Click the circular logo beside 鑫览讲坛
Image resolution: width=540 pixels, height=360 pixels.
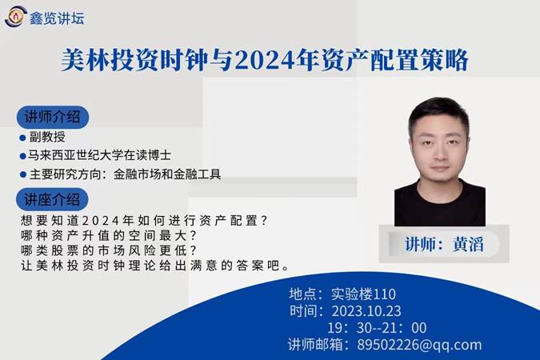(15, 16)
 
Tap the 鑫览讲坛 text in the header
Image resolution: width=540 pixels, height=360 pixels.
(57, 18)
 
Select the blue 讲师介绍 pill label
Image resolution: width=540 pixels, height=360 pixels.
(53, 117)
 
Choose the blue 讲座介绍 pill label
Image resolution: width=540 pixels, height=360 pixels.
(52, 199)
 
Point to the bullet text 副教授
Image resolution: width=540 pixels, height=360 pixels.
(47, 137)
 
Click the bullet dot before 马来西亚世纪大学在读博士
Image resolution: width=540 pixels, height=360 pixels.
(23, 156)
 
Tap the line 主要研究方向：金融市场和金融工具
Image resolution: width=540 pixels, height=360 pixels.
(125, 174)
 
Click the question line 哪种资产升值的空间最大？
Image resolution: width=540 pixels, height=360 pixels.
(109, 236)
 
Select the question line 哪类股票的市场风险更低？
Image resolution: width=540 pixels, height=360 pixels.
(109, 250)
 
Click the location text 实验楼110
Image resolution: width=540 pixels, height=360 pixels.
(363, 294)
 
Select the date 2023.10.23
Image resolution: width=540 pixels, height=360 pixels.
(366, 311)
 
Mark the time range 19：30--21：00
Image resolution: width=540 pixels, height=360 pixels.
(377, 328)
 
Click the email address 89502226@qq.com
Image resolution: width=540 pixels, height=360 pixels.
(419, 345)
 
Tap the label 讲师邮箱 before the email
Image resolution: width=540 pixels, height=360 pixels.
(315, 345)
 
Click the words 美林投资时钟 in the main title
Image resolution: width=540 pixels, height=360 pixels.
(135, 61)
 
